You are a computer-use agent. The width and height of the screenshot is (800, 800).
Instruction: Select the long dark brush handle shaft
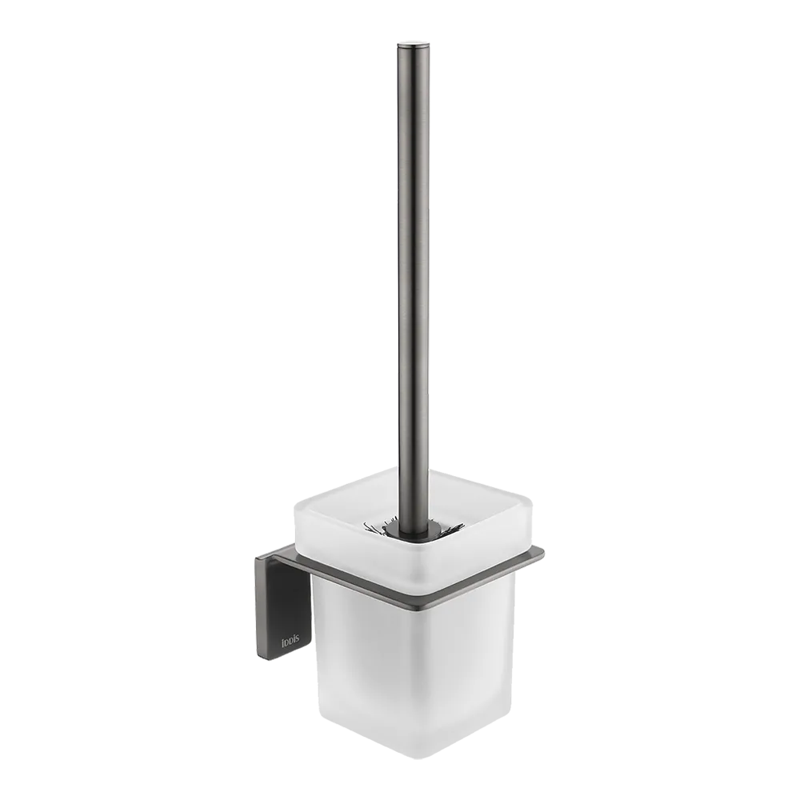(414, 280)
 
